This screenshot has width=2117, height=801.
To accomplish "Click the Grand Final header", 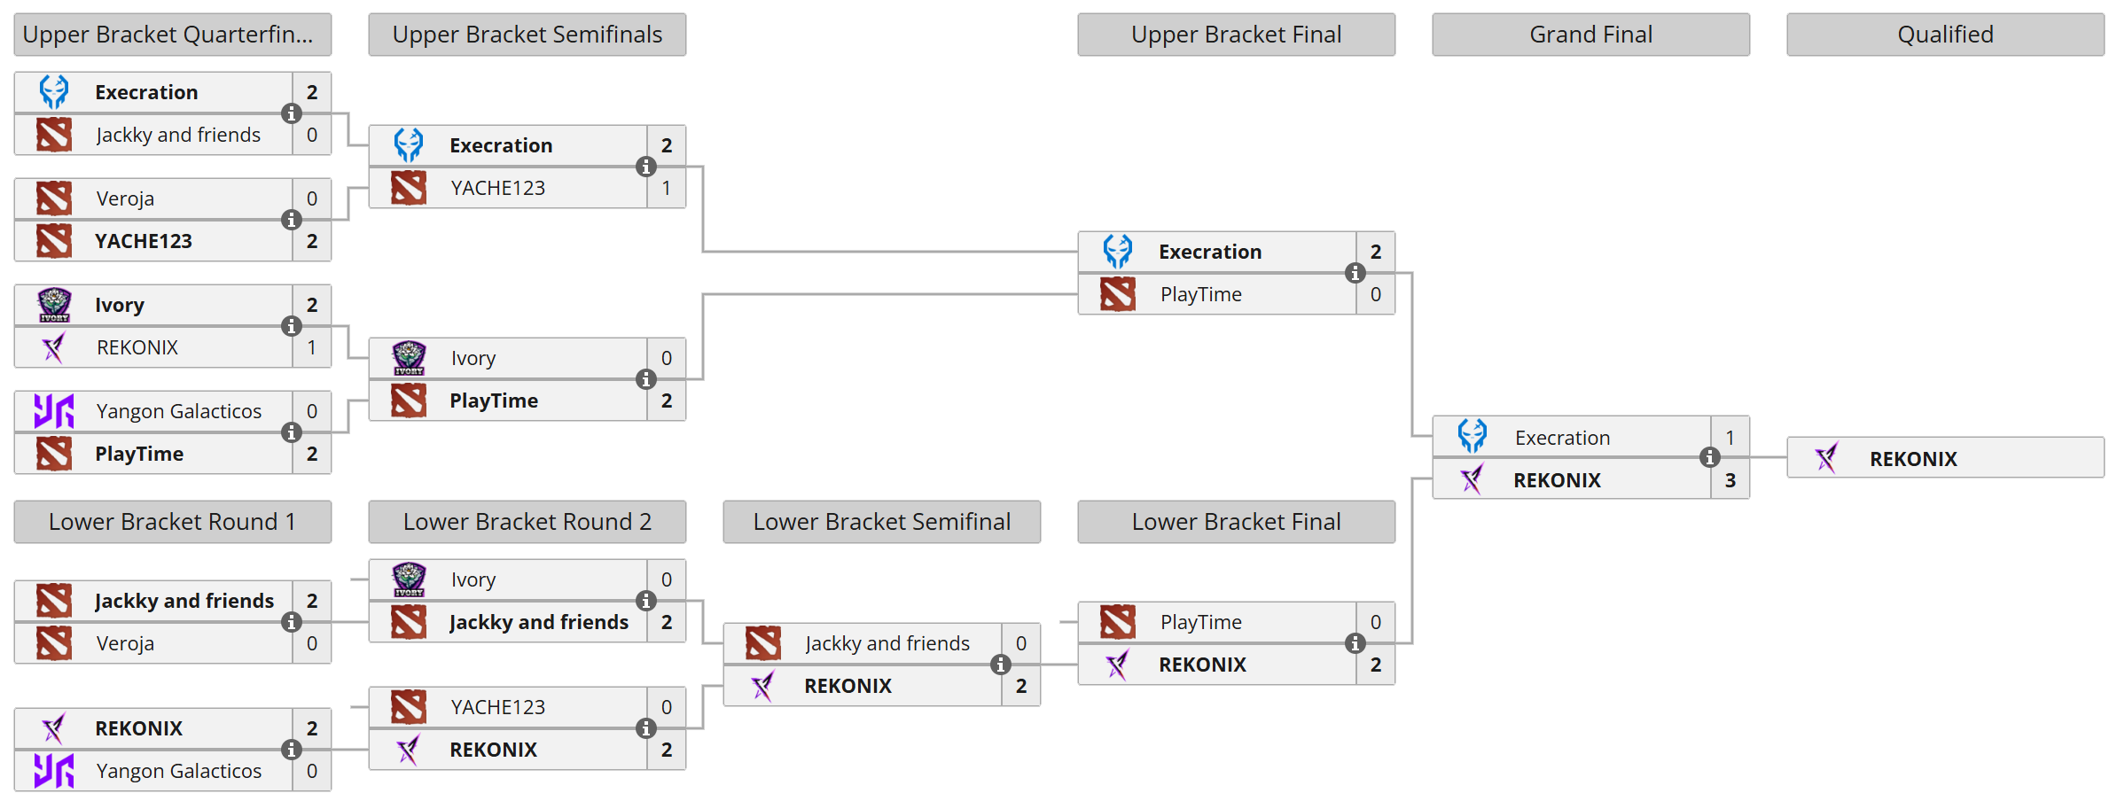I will tap(1590, 35).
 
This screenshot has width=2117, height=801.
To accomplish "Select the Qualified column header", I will tap(1945, 35).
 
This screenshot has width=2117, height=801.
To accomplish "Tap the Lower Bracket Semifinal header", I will tap(881, 522).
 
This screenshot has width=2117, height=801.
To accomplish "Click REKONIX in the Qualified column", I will tap(1913, 459).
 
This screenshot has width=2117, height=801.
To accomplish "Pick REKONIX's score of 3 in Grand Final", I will tap(1730, 480).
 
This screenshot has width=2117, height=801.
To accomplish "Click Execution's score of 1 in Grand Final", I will tap(1730, 438).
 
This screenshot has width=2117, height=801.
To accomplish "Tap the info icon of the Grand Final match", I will tap(1710, 457).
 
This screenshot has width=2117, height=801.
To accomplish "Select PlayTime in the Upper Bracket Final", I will tap(1200, 294).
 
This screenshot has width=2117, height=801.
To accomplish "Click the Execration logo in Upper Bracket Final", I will tap(1118, 252).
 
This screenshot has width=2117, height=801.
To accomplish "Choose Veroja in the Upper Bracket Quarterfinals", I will tap(125, 198).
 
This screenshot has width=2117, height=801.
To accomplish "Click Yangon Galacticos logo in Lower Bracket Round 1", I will tap(54, 771).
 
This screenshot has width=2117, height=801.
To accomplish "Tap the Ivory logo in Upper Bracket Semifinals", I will tap(409, 358).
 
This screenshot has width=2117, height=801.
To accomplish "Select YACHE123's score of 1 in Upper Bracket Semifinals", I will tap(666, 188).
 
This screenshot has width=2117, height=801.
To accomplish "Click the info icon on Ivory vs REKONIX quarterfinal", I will tap(292, 326).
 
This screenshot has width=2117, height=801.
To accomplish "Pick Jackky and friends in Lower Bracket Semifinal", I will tap(887, 643).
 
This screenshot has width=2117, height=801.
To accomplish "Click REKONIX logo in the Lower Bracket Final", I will tap(1118, 665).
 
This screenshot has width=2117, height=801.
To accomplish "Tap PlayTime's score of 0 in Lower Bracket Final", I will tap(1375, 622).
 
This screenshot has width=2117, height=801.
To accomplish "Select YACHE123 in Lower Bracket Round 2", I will tap(497, 707).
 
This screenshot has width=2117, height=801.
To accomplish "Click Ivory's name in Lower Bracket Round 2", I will tap(473, 579).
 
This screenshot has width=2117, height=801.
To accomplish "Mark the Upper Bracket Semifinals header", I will tap(527, 35).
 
